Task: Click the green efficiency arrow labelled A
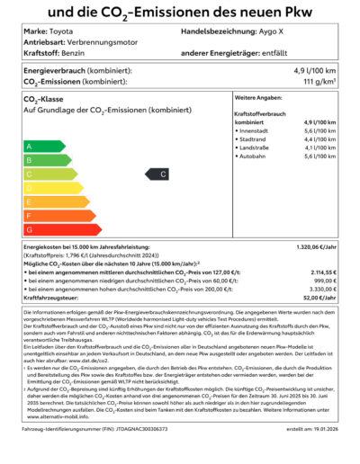(x=41, y=146)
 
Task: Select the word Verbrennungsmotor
(x=105, y=42)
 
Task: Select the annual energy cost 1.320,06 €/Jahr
(x=315, y=245)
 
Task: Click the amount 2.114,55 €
(x=321, y=271)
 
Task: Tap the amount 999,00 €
(x=324, y=280)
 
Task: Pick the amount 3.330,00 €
(x=321, y=289)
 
